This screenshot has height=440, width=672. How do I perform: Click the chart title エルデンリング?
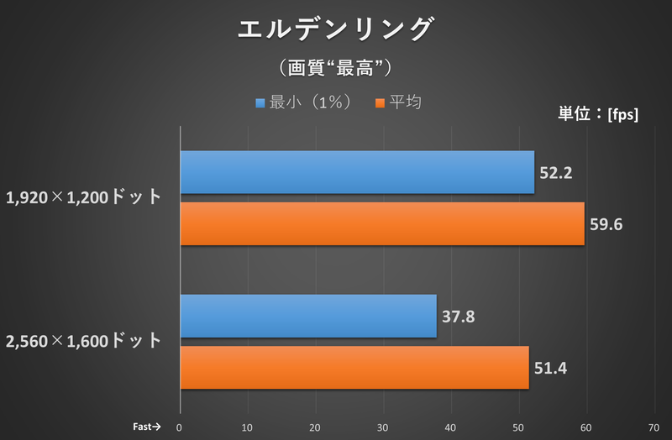335,29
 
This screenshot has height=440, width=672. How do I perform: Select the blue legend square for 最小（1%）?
260,103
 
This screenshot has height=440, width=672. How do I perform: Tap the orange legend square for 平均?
381,103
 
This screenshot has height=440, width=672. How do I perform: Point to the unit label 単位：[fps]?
598,114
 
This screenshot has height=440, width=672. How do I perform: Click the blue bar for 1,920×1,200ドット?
357,172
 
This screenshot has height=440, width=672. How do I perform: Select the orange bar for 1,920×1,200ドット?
382,223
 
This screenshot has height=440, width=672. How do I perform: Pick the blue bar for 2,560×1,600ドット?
308,316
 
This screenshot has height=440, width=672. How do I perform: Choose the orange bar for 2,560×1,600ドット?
354,367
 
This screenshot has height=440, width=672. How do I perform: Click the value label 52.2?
555,173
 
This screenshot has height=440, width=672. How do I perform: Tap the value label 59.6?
605,224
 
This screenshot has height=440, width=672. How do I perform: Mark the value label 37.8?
459,317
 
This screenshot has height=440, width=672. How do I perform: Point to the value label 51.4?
551,368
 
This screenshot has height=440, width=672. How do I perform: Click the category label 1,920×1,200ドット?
83,198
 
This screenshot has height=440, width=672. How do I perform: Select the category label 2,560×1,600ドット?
83,341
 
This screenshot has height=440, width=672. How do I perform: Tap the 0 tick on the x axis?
180,426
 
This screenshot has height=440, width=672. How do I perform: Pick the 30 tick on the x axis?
383,426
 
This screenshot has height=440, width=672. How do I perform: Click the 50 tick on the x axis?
518,426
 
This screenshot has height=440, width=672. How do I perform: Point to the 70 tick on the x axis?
654,426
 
